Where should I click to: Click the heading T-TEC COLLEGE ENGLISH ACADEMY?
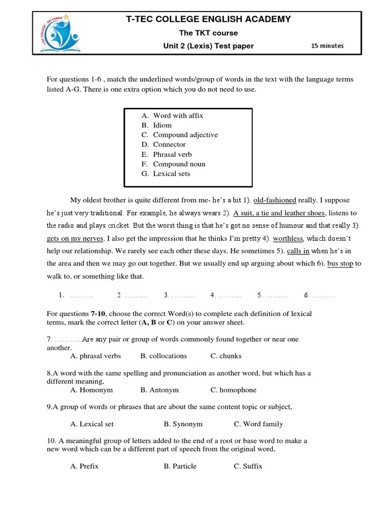point(208,19)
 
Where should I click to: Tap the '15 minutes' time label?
point(327,46)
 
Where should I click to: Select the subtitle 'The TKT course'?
point(209,33)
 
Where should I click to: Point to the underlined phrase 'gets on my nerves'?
point(75,238)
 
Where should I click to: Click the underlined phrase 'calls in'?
point(298,250)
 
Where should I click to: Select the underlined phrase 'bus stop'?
point(340,263)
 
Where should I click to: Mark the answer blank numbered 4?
point(226,295)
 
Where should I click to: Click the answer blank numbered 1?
point(76,295)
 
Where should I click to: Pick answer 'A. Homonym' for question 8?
point(91,390)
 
